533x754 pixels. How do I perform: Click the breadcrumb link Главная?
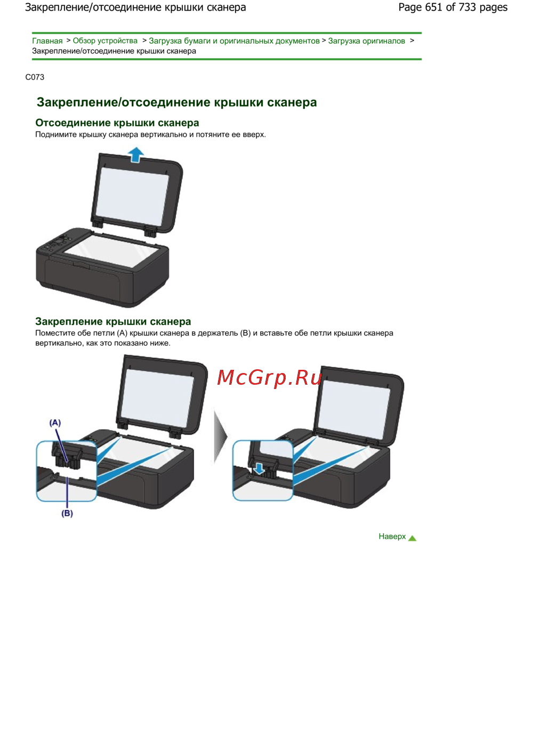[47, 40]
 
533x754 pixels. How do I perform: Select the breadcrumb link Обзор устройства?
[105, 40]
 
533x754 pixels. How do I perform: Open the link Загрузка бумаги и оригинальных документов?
[234, 41]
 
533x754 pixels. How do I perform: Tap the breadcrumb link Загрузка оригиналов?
[366, 41]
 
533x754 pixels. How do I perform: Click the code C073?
[35, 77]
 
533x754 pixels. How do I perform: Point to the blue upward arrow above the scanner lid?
[136, 155]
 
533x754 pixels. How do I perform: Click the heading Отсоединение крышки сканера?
[117, 123]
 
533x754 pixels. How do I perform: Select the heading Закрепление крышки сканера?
[113, 321]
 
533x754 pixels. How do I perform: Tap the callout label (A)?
[55, 423]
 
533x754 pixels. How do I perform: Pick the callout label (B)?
[67, 513]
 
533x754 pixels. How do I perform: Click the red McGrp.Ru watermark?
[269, 377]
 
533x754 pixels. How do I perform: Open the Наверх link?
[392, 536]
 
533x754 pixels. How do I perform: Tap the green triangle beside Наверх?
[412, 538]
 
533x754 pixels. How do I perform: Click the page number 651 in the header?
[434, 7]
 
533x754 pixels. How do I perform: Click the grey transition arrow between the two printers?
[221, 436]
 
